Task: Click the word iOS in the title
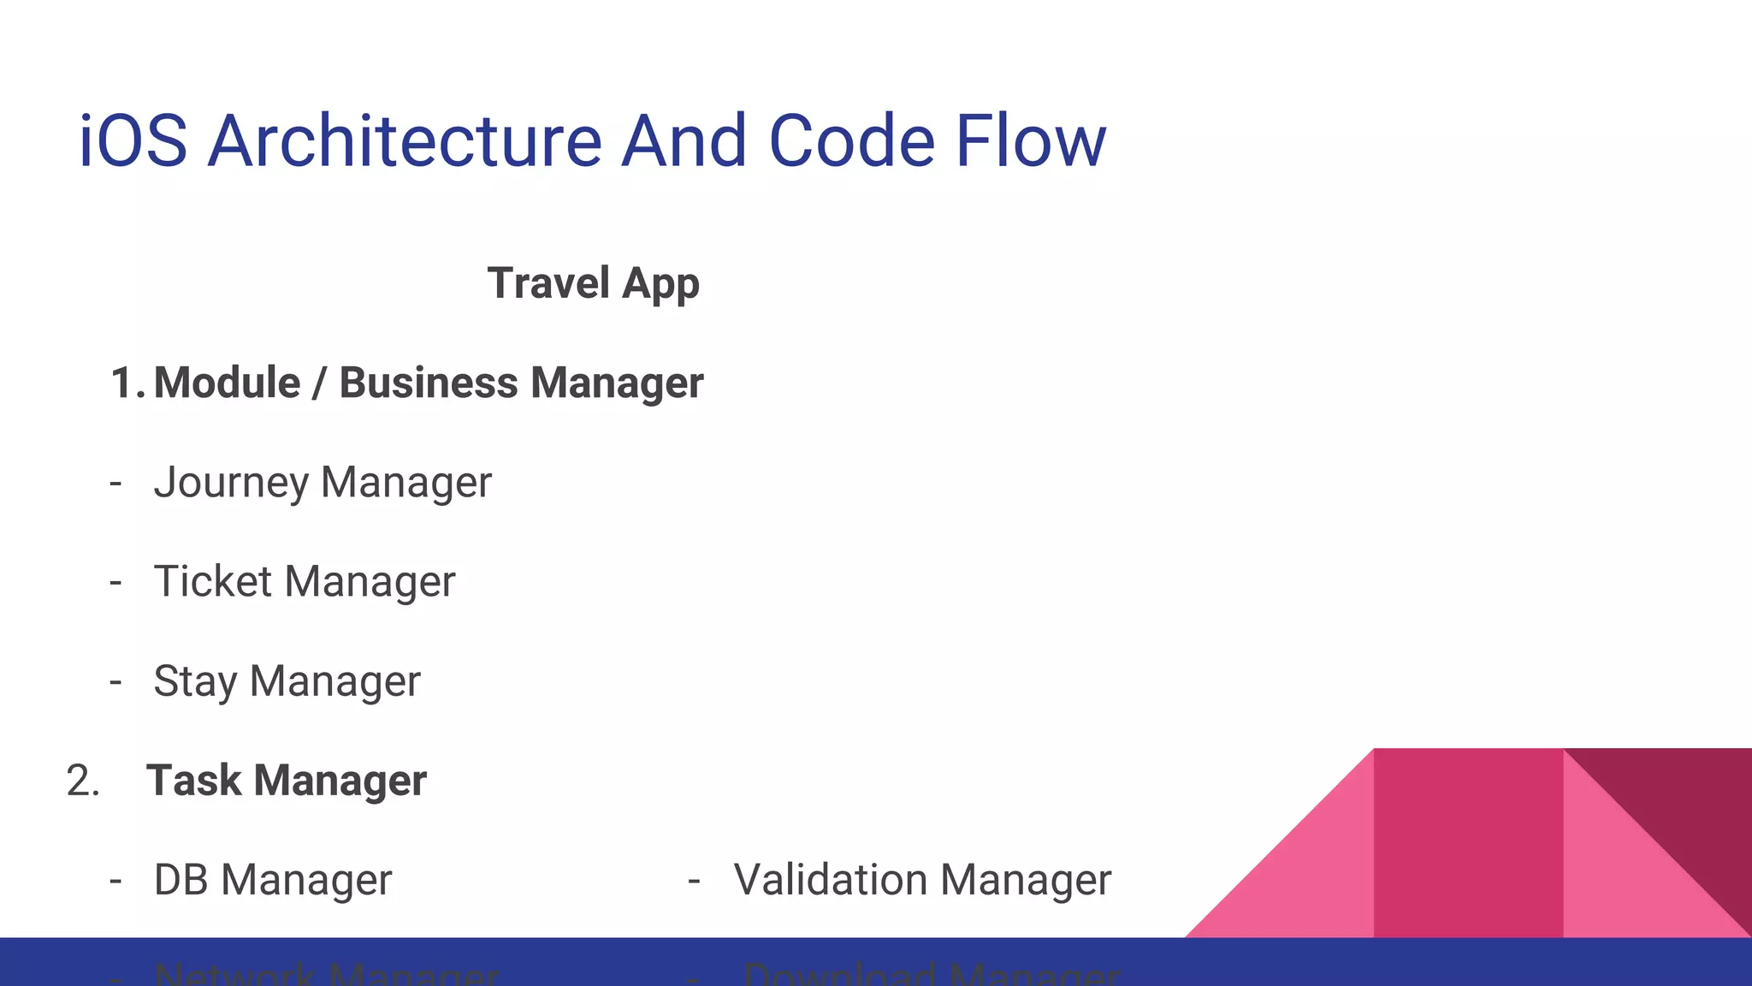[133, 141]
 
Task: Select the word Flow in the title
[1030, 141]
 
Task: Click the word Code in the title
[851, 141]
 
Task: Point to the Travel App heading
[593, 283]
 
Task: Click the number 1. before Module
[127, 383]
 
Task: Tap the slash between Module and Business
[319, 383]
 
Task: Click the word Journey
[231, 483]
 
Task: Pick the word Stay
[195, 682]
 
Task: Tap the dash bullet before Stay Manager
[116, 682]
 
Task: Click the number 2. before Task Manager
[83, 781]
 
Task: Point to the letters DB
[181, 880]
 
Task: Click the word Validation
[830, 880]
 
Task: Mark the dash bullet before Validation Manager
[694, 880]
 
